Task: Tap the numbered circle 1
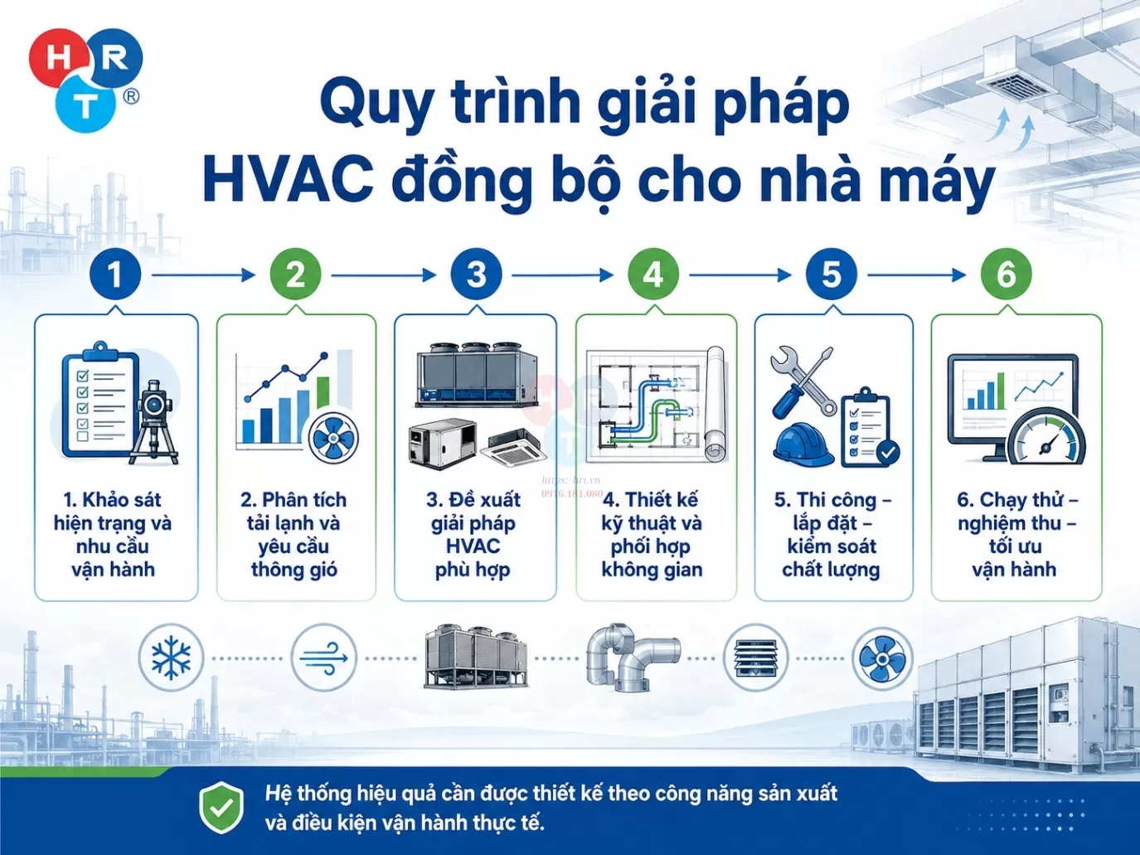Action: [x=114, y=274]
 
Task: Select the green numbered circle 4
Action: [x=652, y=274]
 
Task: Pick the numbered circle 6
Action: [x=1006, y=274]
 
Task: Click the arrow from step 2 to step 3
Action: [x=384, y=275]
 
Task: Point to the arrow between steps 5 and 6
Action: [x=917, y=275]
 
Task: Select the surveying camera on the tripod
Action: [x=153, y=423]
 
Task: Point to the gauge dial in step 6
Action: [x=1046, y=437]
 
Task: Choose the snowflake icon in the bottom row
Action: [x=170, y=658]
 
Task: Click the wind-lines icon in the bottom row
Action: [x=323, y=658]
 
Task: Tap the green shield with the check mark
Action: [x=221, y=807]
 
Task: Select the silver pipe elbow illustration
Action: [x=633, y=658]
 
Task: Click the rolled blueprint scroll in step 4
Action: [x=716, y=404]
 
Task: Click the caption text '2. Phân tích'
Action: [x=293, y=500]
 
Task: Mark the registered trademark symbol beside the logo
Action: [x=131, y=97]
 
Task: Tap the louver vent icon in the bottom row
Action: [x=755, y=658]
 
